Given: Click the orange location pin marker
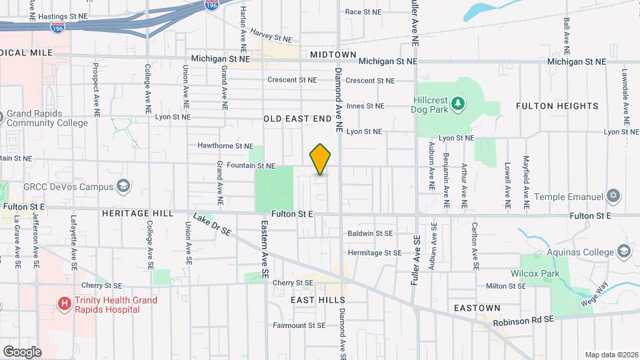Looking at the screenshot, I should click(321, 159).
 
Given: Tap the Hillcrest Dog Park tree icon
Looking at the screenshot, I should click(457, 103).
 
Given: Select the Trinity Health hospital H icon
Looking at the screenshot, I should click(65, 305).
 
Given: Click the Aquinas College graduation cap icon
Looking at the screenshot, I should click(624, 251).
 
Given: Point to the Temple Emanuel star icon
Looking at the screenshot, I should click(614, 197).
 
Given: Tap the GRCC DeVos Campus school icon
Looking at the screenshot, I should click(123, 185).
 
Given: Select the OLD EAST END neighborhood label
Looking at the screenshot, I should click(297, 119).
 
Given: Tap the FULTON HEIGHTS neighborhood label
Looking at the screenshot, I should click(557, 106).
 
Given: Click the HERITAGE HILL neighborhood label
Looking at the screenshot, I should click(137, 213).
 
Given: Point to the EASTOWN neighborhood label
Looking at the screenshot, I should click(477, 308).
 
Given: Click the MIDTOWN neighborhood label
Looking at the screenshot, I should click(333, 54).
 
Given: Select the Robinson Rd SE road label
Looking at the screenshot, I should click(523, 321).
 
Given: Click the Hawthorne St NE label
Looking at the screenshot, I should click(225, 146).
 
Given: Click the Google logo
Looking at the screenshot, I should click(22, 351).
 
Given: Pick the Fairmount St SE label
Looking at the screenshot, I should click(299, 325).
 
